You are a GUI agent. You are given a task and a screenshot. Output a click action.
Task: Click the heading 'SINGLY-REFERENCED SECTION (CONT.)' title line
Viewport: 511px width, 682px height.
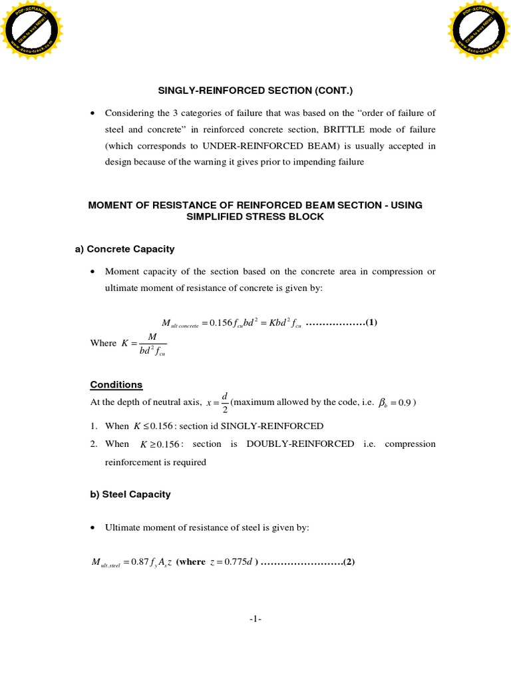click(x=255, y=91)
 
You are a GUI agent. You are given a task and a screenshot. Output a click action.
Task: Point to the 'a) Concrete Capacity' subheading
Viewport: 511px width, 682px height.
click(x=124, y=249)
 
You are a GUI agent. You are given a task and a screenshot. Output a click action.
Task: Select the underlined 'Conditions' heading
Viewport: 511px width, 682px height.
click(x=116, y=385)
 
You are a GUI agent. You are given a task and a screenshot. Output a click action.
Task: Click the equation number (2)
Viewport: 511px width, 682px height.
click(x=349, y=562)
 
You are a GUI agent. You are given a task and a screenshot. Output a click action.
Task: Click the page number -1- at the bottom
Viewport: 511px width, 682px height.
click(x=255, y=619)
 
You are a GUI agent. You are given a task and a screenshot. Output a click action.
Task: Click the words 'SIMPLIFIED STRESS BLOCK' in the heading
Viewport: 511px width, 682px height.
click(x=255, y=217)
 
